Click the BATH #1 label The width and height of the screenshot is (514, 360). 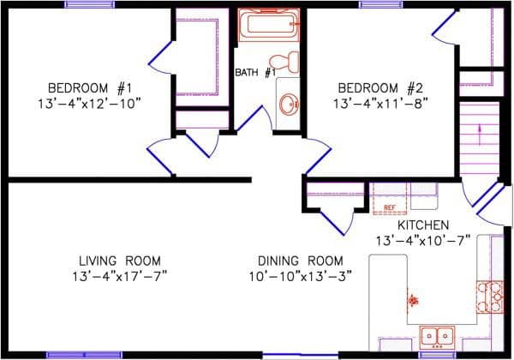click(x=254, y=73)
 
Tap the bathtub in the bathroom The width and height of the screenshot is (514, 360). click(x=270, y=24)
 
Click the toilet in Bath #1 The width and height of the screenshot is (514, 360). click(x=284, y=63)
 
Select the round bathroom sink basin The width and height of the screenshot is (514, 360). click(x=289, y=104)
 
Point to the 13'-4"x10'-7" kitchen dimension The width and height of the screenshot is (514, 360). click(x=422, y=240)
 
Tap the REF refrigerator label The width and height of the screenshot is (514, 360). click(x=389, y=208)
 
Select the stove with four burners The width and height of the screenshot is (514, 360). click(x=490, y=297)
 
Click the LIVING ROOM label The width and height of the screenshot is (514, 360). click(x=119, y=261)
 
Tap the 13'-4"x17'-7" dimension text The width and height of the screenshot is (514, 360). click(x=119, y=276)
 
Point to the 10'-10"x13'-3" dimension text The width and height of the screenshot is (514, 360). click(x=301, y=276)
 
